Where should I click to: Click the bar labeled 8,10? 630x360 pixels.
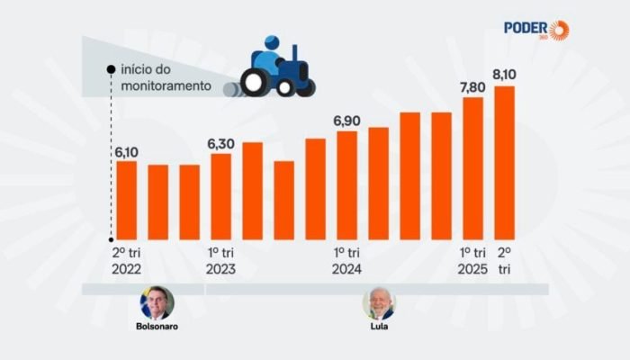point(505,162)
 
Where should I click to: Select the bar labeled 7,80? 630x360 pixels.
point(473,167)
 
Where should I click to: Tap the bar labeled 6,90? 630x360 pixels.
point(347,185)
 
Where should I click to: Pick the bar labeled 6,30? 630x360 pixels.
point(220,196)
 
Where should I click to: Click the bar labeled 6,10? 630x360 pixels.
point(127,200)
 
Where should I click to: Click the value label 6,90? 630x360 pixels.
point(347,121)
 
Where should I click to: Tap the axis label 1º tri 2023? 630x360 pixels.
point(220,261)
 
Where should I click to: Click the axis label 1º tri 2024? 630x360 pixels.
point(347,261)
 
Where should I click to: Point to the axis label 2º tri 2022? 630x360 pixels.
point(127,261)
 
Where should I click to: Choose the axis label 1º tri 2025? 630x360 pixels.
point(473,261)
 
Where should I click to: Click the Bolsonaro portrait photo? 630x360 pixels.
point(157,303)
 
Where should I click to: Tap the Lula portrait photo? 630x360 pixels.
point(379,303)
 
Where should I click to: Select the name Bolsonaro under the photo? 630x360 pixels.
point(157,327)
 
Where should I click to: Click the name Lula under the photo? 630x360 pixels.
point(379,327)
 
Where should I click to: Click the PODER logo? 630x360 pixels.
point(535,29)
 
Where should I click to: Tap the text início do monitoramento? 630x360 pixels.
point(167,78)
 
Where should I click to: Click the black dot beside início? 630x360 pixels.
point(110,69)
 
